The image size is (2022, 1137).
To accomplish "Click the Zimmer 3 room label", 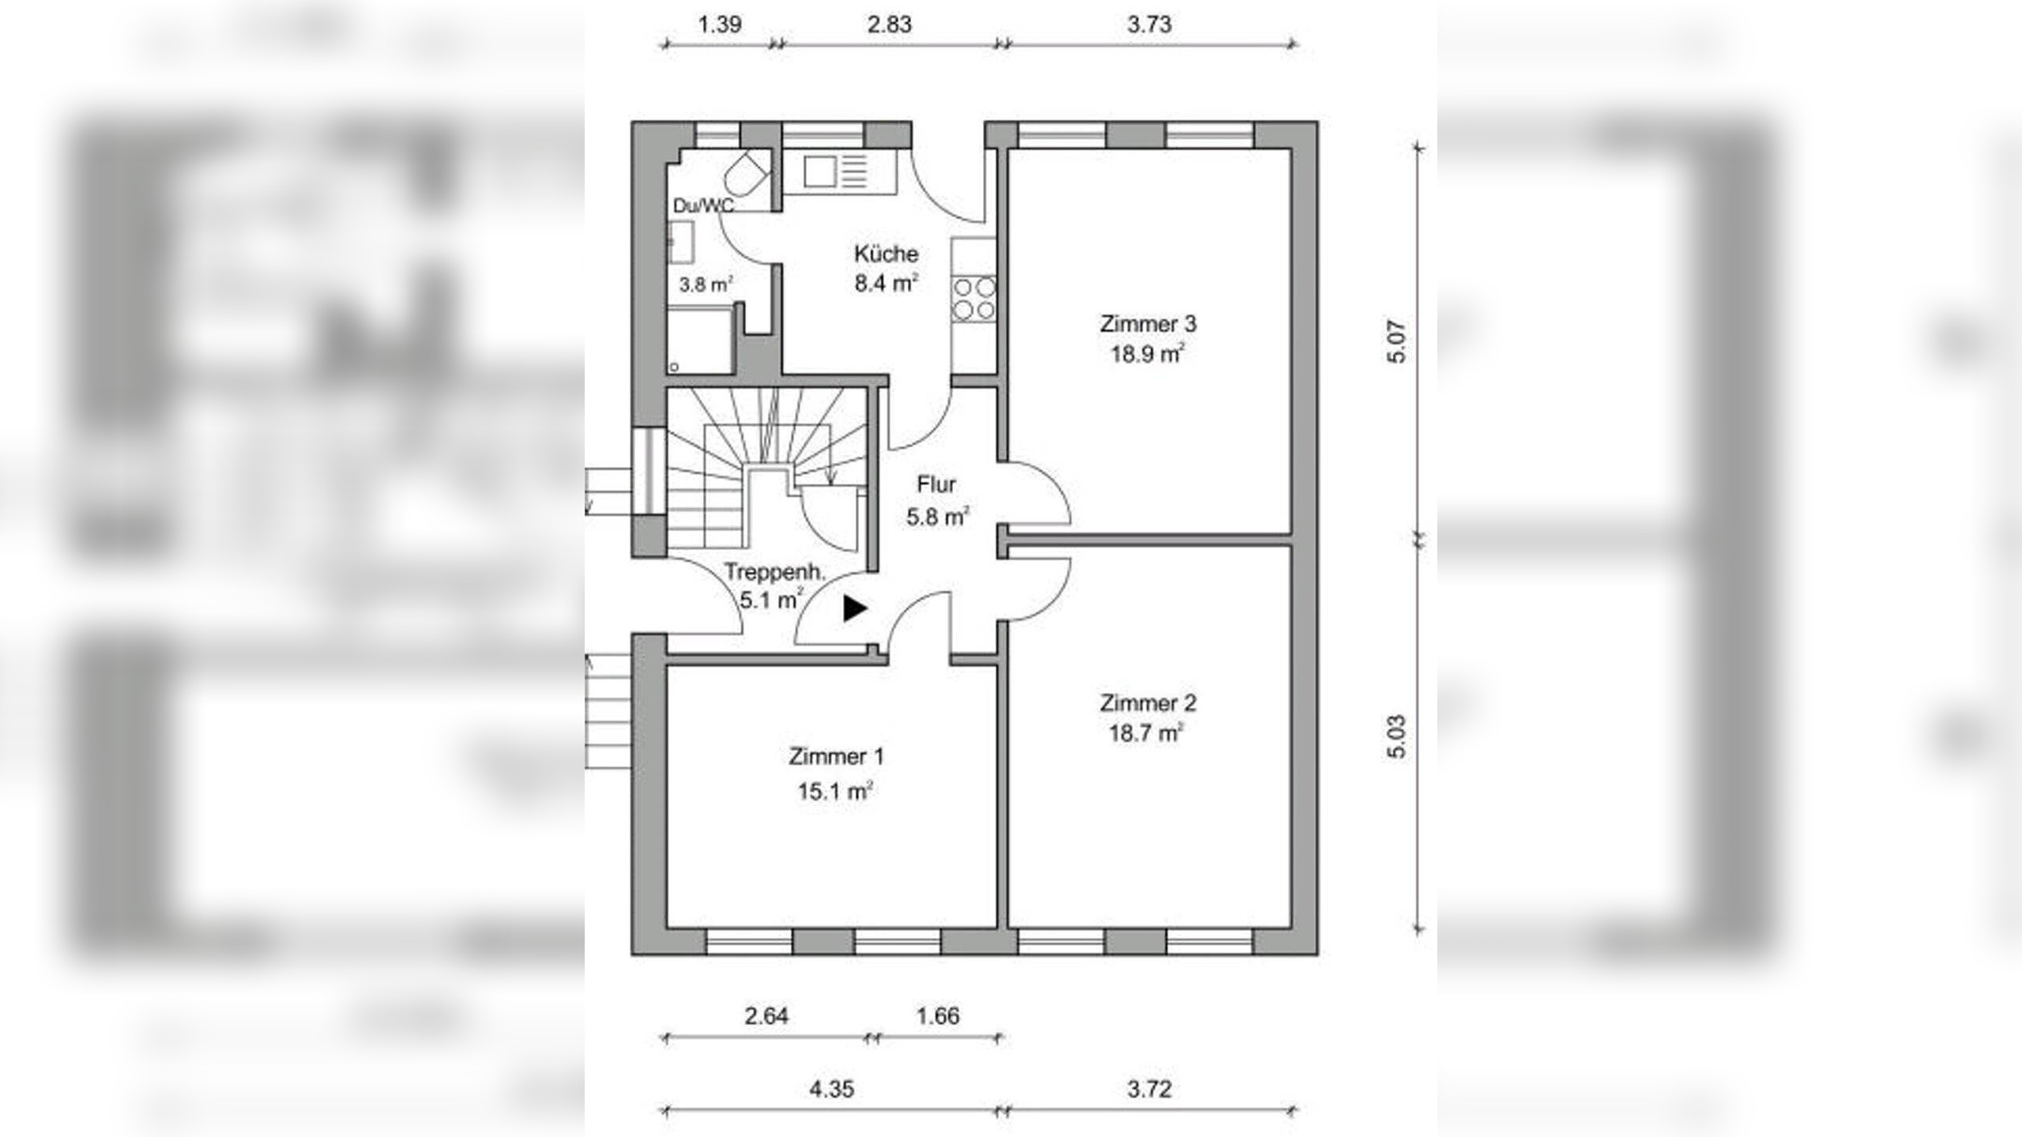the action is click(1148, 324).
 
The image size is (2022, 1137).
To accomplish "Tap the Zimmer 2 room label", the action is click(1148, 702).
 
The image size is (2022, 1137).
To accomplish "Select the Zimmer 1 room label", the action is click(836, 756).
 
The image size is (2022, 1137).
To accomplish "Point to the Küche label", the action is click(886, 254).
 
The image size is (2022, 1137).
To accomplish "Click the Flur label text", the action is click(936, 484).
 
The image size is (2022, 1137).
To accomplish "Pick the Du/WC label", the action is click(703, 205).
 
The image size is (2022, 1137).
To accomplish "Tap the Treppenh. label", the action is click(774, 571).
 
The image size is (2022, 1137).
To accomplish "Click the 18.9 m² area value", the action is click(1148, 353).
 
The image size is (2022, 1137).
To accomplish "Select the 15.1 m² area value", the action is click(836, 790).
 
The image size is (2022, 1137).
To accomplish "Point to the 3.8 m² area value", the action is click(706, 284).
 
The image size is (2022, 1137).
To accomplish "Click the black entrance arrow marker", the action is click(855, 608).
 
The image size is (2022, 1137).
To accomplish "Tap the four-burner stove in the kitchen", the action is click(973, 298).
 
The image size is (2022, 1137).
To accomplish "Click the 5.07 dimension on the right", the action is click(1397, 341).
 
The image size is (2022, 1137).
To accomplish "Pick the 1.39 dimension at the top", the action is click(720, 24).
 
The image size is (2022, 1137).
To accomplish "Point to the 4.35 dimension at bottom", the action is click(831, 1089).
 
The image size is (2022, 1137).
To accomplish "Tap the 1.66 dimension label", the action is click(938, 1015).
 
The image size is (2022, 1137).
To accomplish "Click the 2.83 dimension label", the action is click(890, 24).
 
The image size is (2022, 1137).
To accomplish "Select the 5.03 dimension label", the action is click(1397, 736).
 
